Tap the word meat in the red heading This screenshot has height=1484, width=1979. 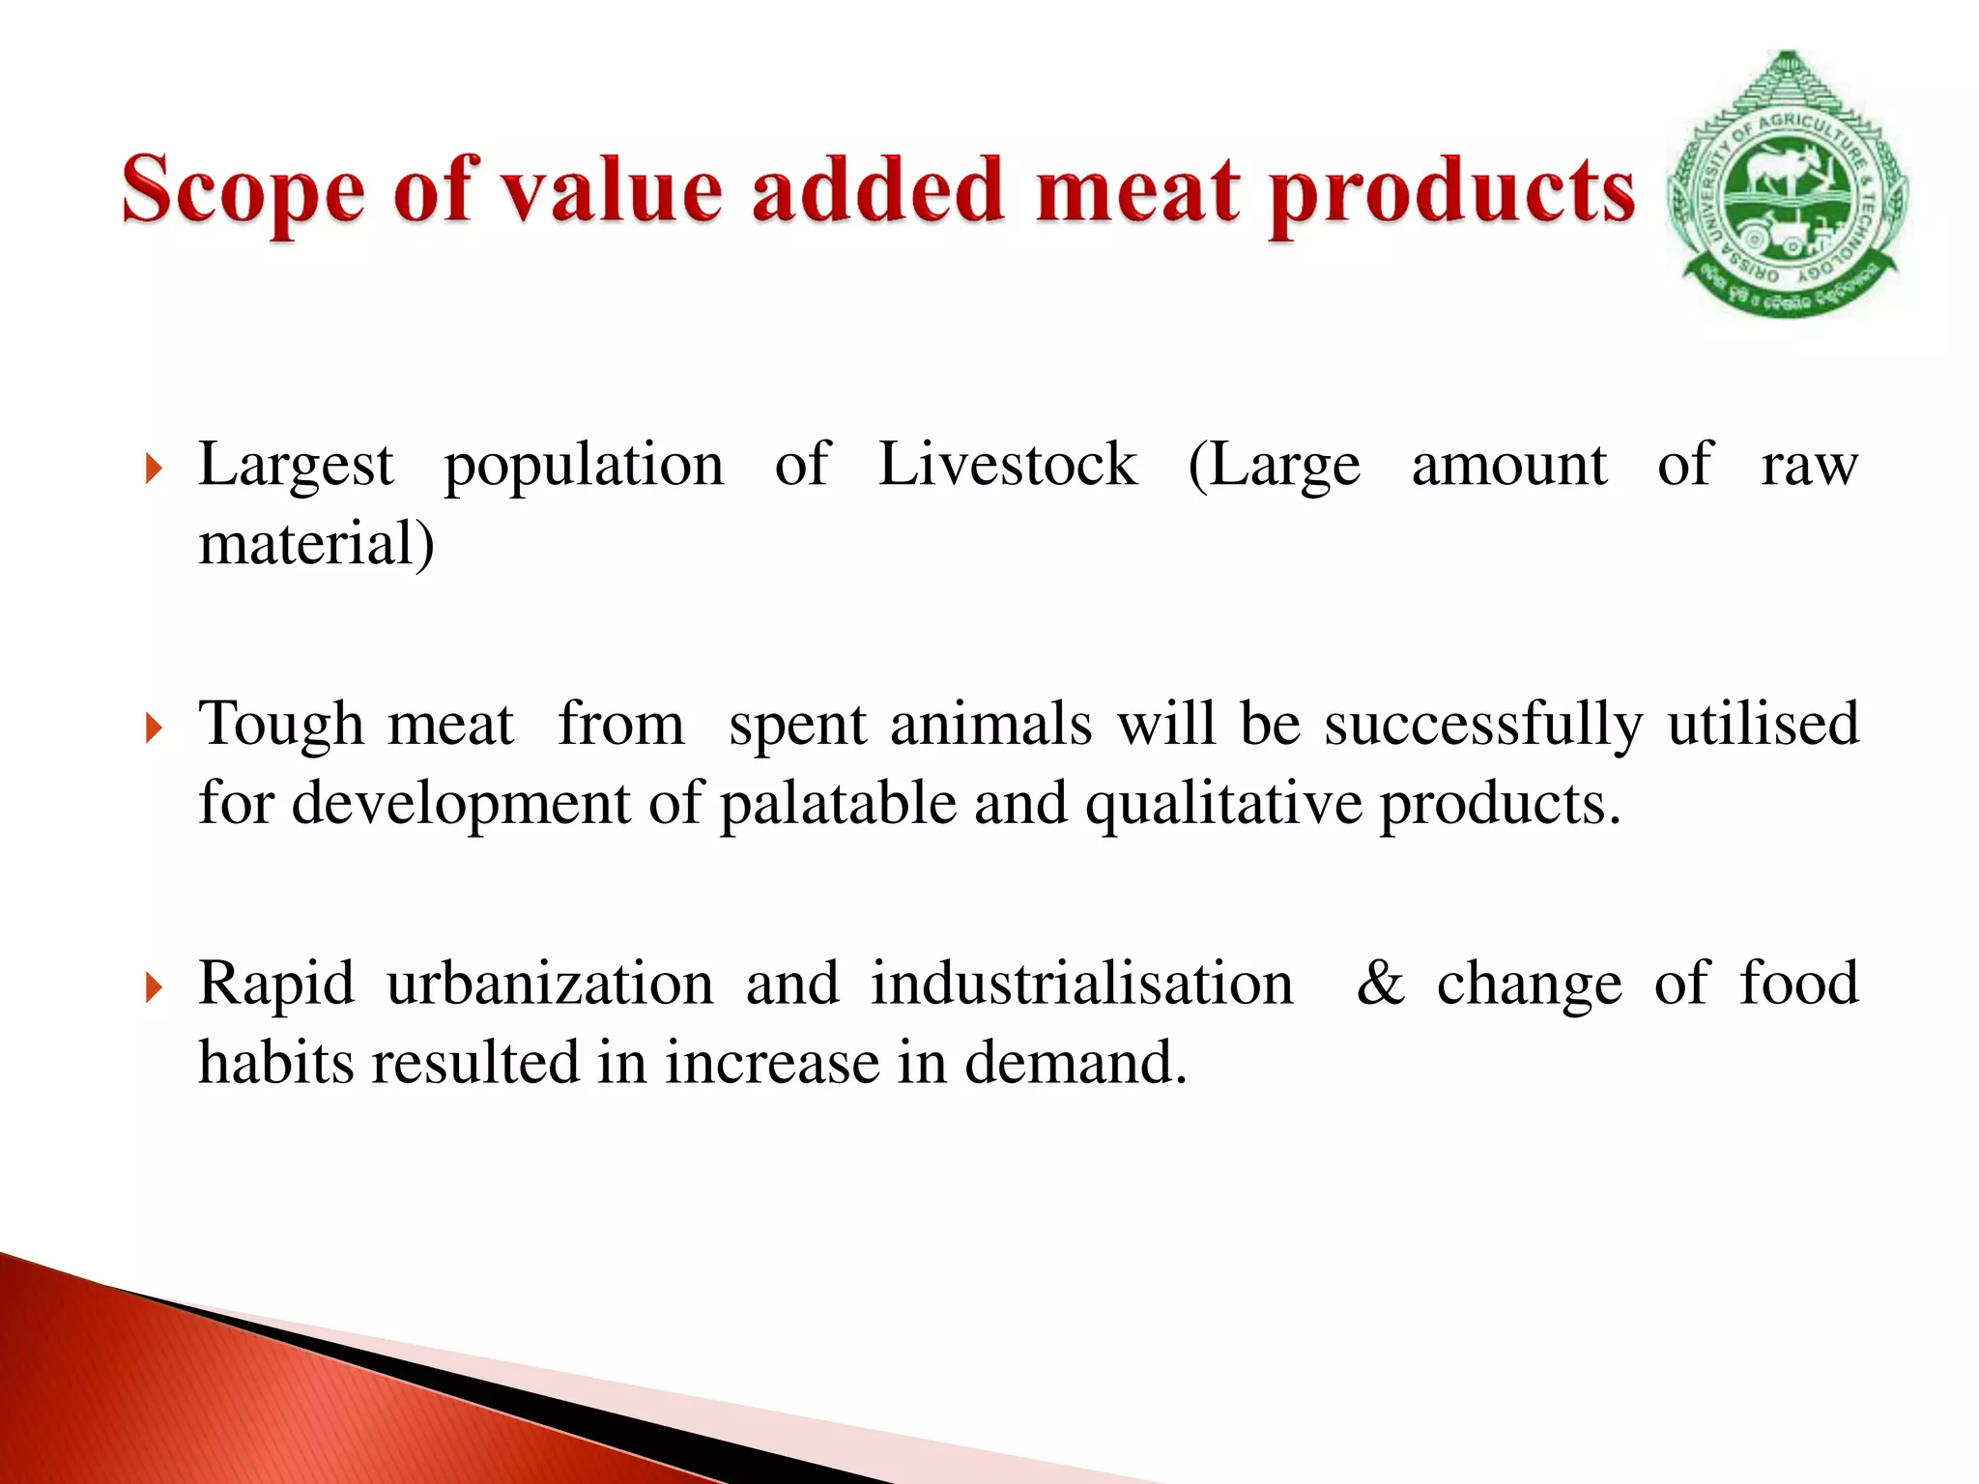(1137, 190)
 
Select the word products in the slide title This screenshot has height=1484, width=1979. (1452, 193)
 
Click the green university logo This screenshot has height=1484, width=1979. (1787, 185)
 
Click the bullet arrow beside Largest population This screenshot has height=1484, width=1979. (154, 470)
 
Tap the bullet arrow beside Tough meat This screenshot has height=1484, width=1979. (154, 728)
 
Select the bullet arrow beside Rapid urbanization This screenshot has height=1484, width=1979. (154, 987)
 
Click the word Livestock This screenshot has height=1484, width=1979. (1008, 465)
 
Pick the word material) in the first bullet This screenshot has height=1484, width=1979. (316, 544)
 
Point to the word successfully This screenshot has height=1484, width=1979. (1483, 725)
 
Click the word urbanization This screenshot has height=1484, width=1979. (550, 985)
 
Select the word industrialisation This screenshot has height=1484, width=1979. (1081, 985)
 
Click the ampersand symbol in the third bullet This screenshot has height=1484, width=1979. (1381, 985)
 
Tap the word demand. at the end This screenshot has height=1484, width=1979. (1076, 1063)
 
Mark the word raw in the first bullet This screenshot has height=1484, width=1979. (1809, 465)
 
